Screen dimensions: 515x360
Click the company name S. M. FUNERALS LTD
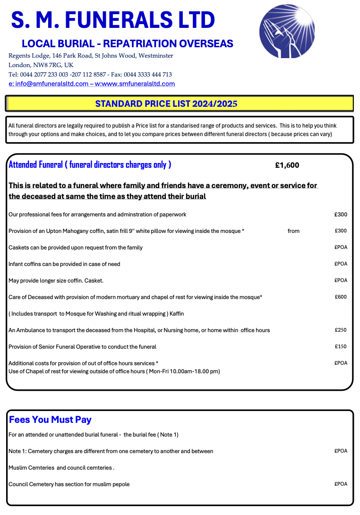coord(113,20)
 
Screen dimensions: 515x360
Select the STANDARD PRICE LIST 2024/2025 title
coord(166,104)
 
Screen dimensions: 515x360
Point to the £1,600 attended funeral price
coord(287,165)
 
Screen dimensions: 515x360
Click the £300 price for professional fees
coord(340,215)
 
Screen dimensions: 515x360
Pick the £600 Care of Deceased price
coord(340,297)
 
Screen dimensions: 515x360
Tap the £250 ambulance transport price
coord(340,330)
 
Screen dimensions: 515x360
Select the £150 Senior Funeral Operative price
coord(340,347)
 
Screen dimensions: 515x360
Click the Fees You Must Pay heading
coord(50,420)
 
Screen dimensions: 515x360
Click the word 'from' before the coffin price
coord(293,231)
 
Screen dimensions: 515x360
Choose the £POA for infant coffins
coord(340,264)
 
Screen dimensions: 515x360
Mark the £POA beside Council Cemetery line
coord(340,484)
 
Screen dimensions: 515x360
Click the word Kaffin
coord(176,314)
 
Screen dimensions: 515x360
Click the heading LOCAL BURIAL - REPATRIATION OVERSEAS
coord(128,44)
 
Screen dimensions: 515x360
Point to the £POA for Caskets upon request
coord(340,248)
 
